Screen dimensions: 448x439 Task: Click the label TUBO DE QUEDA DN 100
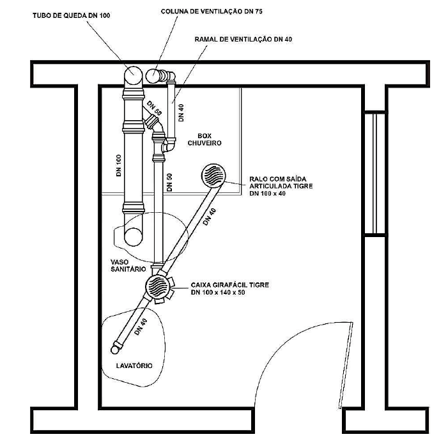point(71,15)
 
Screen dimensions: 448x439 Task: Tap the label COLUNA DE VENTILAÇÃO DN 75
point(212,12)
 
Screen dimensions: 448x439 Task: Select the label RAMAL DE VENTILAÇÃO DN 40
point(243,39)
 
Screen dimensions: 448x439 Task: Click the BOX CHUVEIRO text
point(205,139)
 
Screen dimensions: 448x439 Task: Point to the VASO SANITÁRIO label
point(128,265)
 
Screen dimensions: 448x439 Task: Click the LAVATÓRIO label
point(134,366)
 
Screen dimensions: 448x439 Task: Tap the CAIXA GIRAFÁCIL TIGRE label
point(229,285)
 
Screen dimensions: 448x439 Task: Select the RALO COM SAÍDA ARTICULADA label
point(281,183)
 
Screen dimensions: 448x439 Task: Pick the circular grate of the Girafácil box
point(157,286)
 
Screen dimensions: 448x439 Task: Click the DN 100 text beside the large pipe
point(119,166)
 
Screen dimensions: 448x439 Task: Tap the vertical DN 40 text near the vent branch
point(181,112)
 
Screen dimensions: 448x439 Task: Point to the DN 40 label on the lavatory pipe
point(141,327)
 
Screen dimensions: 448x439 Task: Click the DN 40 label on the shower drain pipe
point(210,217)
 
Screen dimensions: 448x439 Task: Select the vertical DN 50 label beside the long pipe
point(169,182)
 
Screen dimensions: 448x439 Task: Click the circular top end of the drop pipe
point(133,75)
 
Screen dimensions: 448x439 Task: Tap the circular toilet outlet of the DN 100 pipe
point(133,238)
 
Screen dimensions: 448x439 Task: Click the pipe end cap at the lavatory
point(116,349)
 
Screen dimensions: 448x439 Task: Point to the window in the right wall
point(375,173)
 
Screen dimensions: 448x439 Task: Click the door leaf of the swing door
point(346,366)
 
